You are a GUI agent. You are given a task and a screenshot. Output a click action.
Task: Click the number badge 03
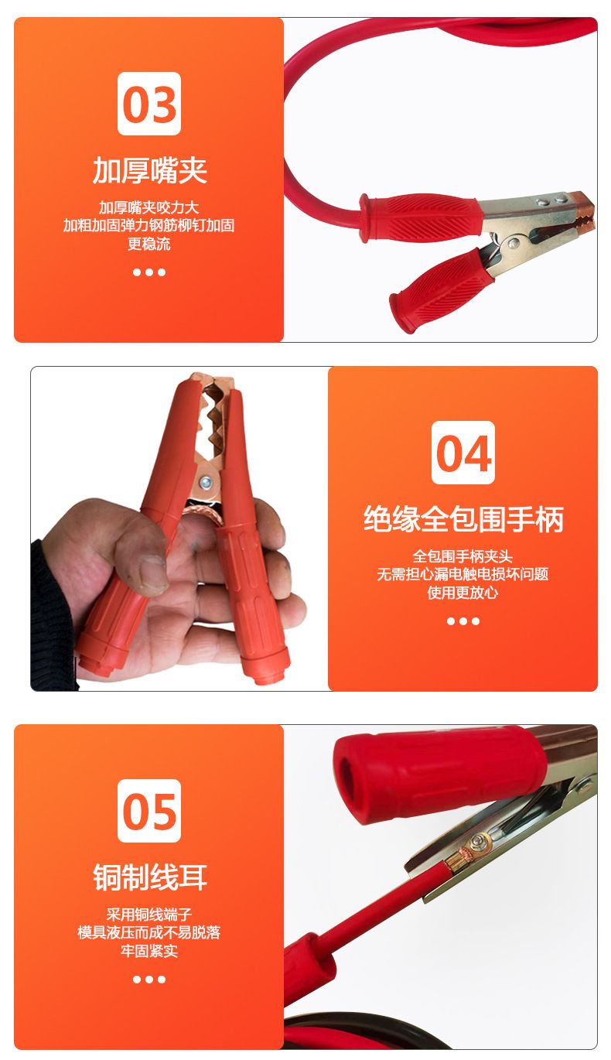pyautogui.click(x=149, y=104)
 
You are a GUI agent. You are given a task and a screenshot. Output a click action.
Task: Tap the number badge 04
pyautogui.click(x=463, y=453)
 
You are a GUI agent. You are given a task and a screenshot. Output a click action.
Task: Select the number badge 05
pyautogui.click(x=149, y=811)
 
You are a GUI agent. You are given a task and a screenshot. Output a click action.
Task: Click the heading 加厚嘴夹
pyautogui.click(x=149, y=170)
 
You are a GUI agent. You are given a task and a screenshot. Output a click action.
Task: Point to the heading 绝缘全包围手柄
pyautogui.click(x=463, y=519)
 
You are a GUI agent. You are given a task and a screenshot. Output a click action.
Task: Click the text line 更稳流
pyautogui.click(x=149, y=244)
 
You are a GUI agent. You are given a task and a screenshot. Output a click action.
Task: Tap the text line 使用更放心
pyautogui.click(x=463, y=593)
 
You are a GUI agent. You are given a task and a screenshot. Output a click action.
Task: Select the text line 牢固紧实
pyautogui.click(x=149, y=951)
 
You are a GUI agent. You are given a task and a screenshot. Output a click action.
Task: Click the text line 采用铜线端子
pyautogui.click(x=149, y=915)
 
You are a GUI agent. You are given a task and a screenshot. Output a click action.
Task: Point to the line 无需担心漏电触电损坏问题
pyautogui.click(x=463, y=574)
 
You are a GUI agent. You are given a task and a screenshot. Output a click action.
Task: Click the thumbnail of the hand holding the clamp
pyautogui.click(x=179, y=528)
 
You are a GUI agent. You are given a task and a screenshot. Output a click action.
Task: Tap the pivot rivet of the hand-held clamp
pyautogui.click(x=206, y=483)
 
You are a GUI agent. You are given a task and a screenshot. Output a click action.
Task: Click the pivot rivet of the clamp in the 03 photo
pyautogui.click(x=513, y=244)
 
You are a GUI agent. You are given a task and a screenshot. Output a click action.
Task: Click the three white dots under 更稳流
pyautogui.click(x=149, y=272)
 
